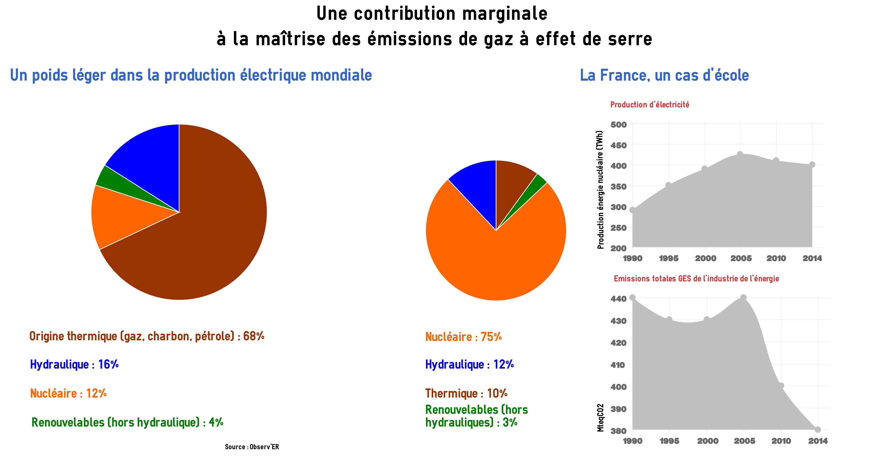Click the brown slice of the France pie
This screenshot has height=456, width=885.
tap(512, 182)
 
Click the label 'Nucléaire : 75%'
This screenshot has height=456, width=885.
tap(463, 337)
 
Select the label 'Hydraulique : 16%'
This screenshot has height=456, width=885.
tap(74, 364)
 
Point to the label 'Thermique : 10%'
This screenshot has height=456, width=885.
tap(466, 393)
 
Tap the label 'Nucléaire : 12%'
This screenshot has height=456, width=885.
tap(68, 393)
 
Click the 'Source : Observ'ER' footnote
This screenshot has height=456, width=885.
tap(252, 447)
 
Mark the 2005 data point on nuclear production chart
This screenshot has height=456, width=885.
tap(740, 154)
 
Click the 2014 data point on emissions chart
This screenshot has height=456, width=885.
tap(818, 430)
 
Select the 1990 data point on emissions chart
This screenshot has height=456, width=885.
tap(632, 297)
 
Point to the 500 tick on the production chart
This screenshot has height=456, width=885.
tap(618, 125)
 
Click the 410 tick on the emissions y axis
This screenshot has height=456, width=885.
tap(618, 365)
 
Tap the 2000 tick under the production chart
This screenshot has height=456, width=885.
tap(705, 258)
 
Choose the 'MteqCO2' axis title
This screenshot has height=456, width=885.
tap(600, 418)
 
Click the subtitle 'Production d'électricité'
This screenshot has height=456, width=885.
tap(650, 105)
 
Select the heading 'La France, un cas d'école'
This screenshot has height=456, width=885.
tap(664, 75)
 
